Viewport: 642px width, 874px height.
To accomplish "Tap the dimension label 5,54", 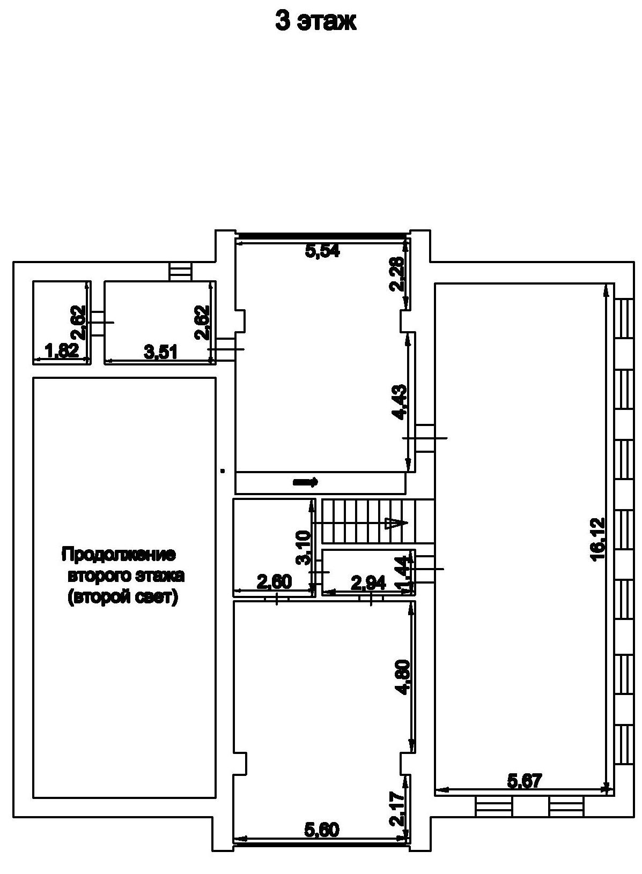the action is (x=322, y=251).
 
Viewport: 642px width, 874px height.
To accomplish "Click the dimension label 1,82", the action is (x=63, y=352).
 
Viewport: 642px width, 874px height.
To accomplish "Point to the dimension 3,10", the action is (x=303, y=547).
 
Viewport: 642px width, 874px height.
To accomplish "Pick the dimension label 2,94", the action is (x=368, y=582).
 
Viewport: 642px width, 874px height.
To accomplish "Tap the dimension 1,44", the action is (x=406, y=574).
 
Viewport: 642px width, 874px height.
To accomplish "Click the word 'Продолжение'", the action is (x=119, y=554).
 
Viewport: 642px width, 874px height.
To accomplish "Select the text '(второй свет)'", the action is (x=122, y=597).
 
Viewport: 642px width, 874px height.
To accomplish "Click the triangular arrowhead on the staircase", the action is (x=396, y=523).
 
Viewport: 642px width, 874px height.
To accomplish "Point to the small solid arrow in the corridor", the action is (x=306, y=482).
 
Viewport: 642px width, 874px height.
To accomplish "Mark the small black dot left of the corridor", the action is (x=223, y=471).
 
